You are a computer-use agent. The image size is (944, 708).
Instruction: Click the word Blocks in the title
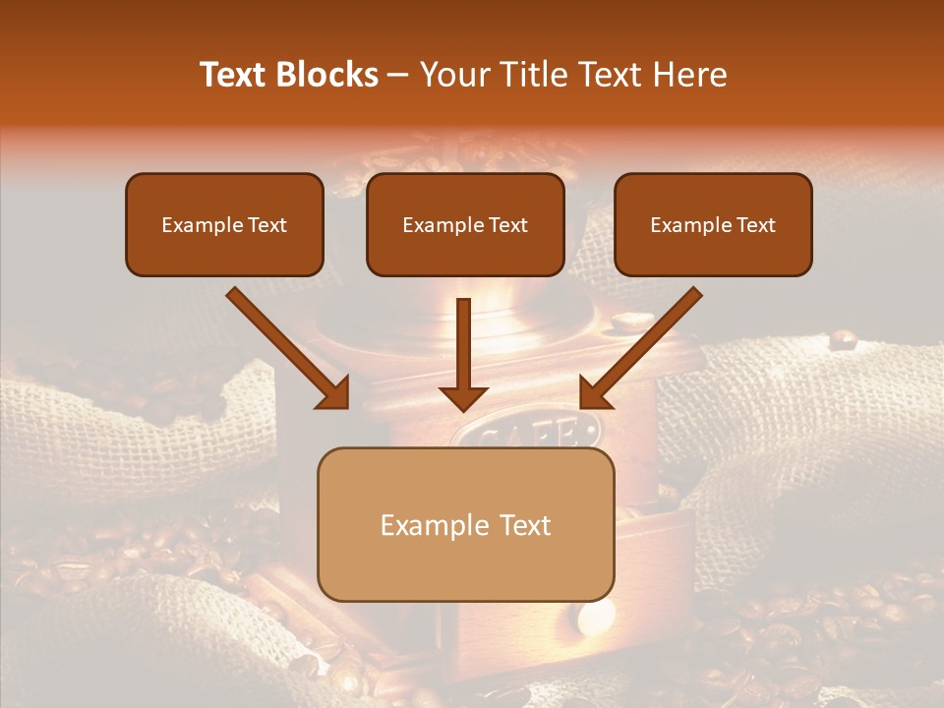(x=326, y=75)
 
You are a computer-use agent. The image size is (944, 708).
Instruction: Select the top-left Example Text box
(x=224, y=224)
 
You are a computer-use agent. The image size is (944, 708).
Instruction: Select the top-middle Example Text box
(x=465, y=224)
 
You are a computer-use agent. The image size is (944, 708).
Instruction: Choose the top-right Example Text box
(x=713, y=224)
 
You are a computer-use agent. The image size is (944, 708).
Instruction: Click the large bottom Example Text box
(x=465, y=524)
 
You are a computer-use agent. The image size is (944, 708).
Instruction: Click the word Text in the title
(x=234, y=75)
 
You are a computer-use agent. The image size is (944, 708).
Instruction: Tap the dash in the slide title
(x=398, y=75)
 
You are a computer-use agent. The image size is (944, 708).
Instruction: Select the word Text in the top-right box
(x=755, y=224)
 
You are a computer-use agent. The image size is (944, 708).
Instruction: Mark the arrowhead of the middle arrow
(x=463, y=397)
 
